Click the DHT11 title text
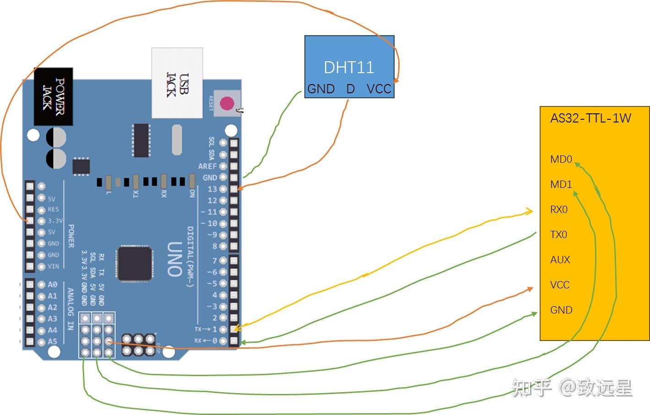click(349, 67)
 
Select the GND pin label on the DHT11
click(321, 89)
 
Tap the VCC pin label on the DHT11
click(379, 89)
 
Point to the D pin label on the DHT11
click(350, 89)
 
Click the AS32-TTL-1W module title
click(590, 118)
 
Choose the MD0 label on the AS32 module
click(561, 160)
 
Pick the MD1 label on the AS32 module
click(561, 185)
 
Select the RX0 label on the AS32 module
click(559, 210)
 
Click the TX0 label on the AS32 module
click(558, 235)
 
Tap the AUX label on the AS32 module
click(560, 260)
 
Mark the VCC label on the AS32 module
click(560, 285)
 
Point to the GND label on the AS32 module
click(561, 310)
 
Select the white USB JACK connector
click(177, 83)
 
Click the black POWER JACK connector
click(54, 96)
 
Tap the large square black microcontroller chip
click(135, 263)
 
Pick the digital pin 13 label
click(212, 189)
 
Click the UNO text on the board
click(174, 259)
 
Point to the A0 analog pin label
click(53, 284)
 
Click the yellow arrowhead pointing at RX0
click(530, 211)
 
